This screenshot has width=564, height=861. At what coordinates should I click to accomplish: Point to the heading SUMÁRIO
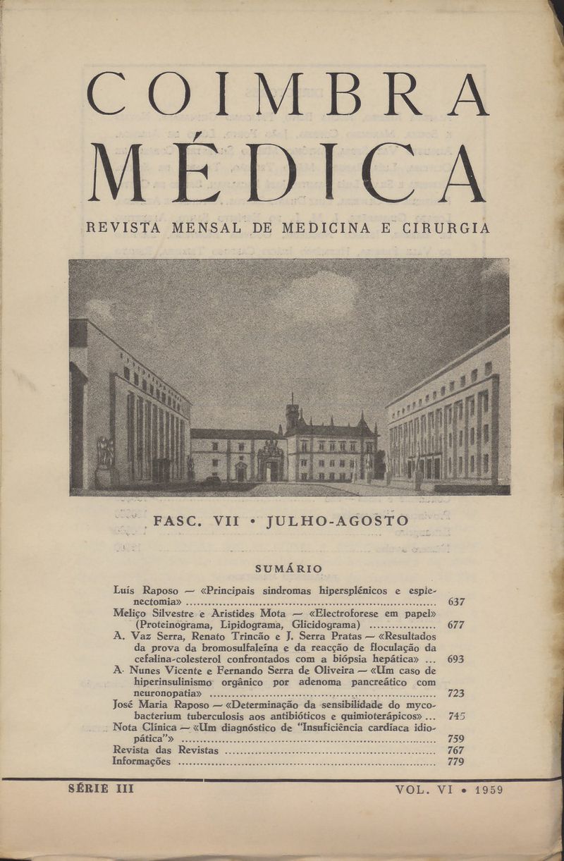pos(288,568)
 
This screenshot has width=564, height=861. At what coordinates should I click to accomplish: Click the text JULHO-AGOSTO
pos(338,521)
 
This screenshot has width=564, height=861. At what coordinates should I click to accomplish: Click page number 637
pos(455,602)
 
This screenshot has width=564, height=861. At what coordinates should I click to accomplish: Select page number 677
pos(455,625)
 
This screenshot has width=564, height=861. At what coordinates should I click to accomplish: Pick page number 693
pos(455,659)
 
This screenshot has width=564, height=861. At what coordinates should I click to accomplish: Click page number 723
pos(455,693)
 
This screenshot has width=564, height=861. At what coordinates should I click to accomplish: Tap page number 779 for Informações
pos(455,762)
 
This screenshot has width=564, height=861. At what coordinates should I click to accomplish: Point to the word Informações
pos(142,762)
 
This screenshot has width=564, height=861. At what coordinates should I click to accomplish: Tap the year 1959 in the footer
pos(489,790)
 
